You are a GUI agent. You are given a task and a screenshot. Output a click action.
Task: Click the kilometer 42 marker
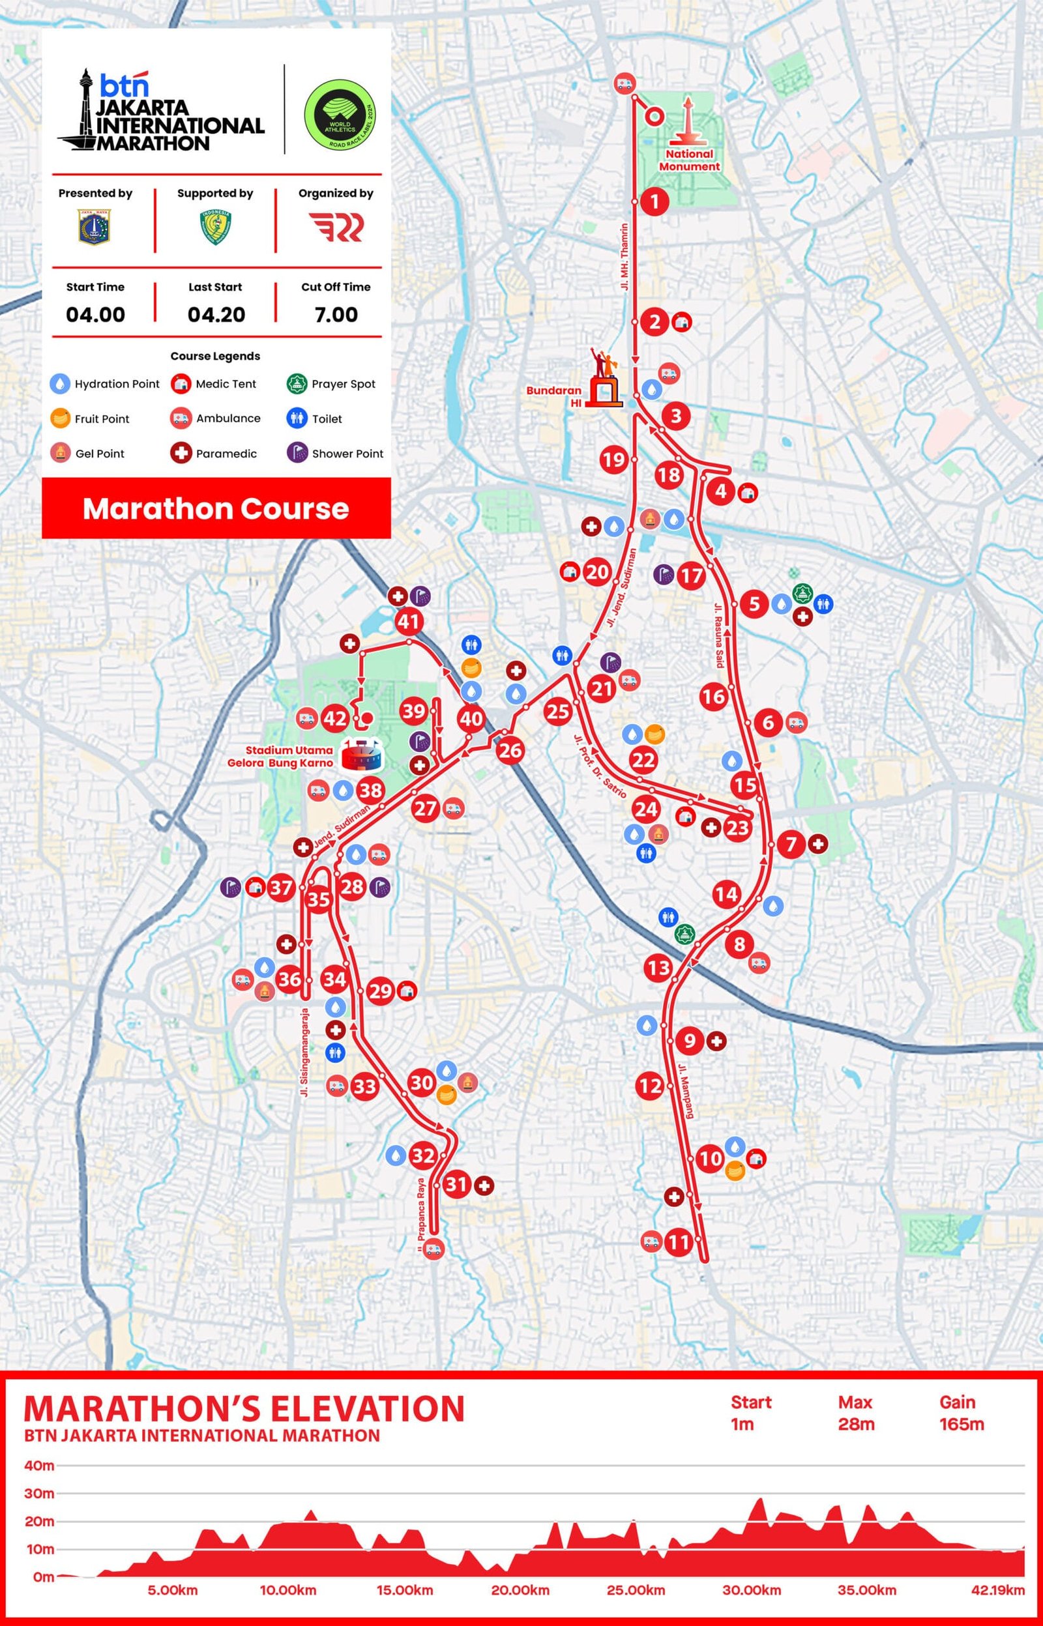335,718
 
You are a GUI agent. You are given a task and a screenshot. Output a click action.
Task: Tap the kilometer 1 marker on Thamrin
654,201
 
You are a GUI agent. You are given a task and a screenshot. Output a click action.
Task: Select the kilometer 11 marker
678,1241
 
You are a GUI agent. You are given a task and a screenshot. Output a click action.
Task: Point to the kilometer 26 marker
510,749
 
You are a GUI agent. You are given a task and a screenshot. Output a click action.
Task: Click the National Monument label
690,160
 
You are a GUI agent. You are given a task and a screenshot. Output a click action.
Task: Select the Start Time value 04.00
95,315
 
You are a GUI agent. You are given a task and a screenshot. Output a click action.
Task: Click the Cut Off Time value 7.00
336,315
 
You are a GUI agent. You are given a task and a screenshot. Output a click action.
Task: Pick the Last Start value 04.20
216,315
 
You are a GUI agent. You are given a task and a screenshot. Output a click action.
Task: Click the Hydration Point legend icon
60,384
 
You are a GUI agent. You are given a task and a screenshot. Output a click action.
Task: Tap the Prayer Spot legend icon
297,384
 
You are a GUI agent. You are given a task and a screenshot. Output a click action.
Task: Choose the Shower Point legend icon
297,453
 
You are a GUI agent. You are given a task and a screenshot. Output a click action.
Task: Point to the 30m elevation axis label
38,1493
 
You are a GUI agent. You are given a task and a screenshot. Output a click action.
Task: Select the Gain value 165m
961,1423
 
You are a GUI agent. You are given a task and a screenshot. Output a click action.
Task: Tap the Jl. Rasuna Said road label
718,634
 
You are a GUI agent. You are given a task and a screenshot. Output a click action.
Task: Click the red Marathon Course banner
216,508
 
